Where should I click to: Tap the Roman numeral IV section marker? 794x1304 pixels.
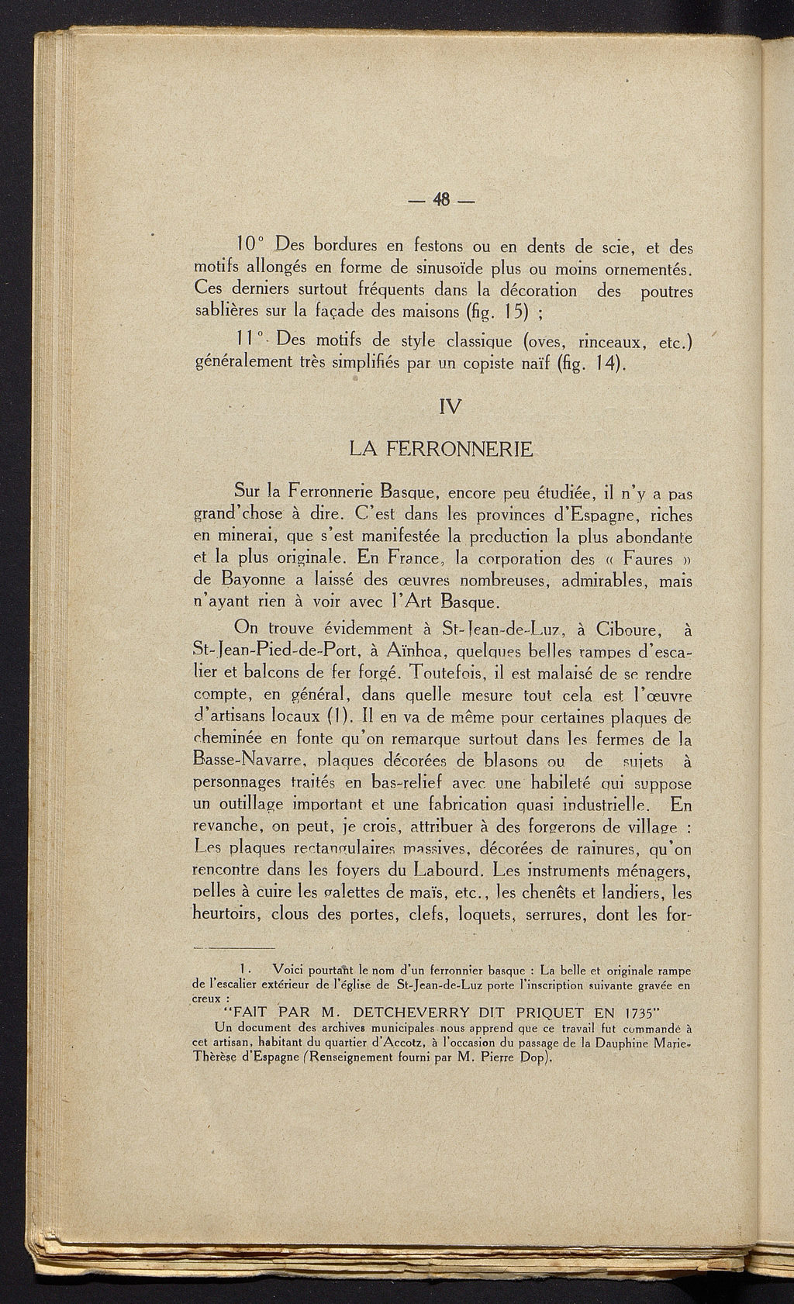(x=449, y=406)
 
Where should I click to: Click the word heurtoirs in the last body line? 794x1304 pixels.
(x=226, y=914)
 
